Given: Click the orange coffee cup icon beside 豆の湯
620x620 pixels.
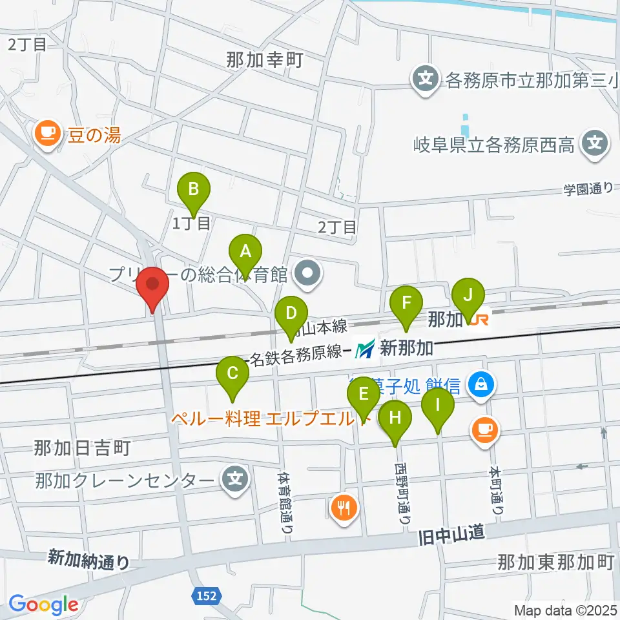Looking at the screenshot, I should click(46, 134).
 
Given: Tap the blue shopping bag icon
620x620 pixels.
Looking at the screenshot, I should click(481, 386).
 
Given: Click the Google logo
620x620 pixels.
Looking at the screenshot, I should click(43, 605).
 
